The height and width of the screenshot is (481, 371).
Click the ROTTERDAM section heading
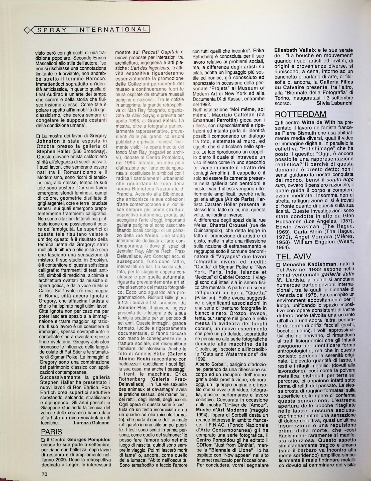click(300, 114)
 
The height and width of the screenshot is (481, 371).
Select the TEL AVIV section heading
click(294, 256)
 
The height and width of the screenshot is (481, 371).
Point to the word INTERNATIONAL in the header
click(111, 30)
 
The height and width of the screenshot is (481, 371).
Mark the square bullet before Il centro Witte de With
click(277, 123)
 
